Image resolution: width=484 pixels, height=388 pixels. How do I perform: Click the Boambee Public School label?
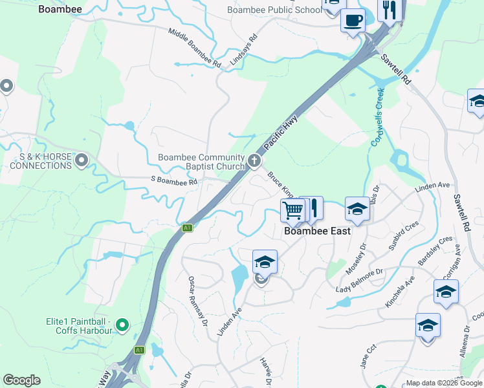[274, 10]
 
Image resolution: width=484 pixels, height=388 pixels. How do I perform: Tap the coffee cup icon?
[353, 21]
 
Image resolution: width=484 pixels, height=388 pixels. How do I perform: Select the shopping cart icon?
[293, 210]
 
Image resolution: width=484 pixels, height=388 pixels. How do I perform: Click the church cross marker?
[255, 160]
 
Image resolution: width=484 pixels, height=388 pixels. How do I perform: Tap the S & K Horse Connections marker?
[82, 159]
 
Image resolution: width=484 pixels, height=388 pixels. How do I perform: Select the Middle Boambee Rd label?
[194, 48]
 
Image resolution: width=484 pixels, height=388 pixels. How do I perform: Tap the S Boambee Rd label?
[173, 182]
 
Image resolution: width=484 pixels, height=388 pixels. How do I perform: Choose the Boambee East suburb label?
[318, 231]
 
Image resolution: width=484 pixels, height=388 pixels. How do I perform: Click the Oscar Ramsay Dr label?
[197, 300]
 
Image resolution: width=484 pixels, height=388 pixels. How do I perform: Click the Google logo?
[21, 380]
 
